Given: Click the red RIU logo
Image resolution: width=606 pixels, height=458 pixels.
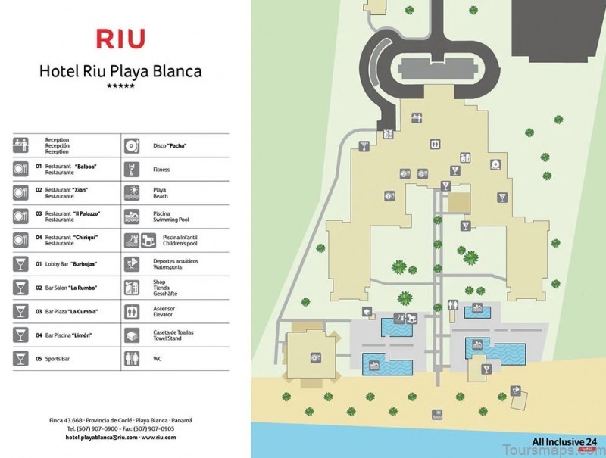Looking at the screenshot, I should point(120,38).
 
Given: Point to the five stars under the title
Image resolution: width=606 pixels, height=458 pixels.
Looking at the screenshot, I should point(120,86).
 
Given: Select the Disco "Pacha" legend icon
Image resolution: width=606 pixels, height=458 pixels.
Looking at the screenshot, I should point(131,144).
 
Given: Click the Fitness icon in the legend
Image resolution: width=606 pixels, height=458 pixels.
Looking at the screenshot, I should point(131,168).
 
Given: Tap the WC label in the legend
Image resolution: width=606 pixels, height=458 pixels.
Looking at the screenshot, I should point(157,359).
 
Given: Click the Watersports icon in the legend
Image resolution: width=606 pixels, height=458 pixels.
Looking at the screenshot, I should point(131,263).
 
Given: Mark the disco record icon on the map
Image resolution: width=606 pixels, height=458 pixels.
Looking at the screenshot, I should point(495,164).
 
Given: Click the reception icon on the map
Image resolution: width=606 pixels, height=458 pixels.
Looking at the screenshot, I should point(417,117).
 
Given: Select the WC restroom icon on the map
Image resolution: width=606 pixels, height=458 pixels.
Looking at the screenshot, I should point(452,306).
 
